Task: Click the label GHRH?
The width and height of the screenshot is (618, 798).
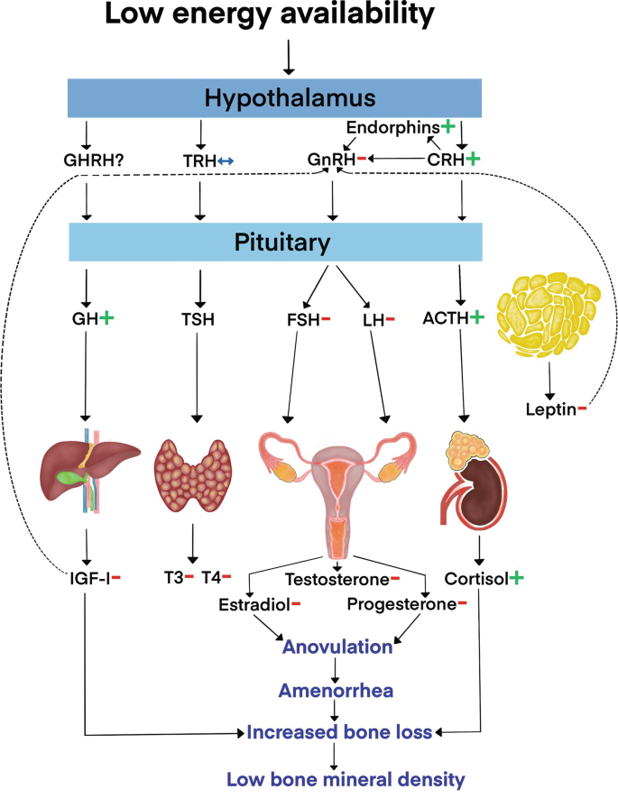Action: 88,161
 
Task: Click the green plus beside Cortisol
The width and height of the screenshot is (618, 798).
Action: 516,576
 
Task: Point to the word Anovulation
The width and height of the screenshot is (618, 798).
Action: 337,647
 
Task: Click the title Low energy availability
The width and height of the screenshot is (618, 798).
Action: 277,15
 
